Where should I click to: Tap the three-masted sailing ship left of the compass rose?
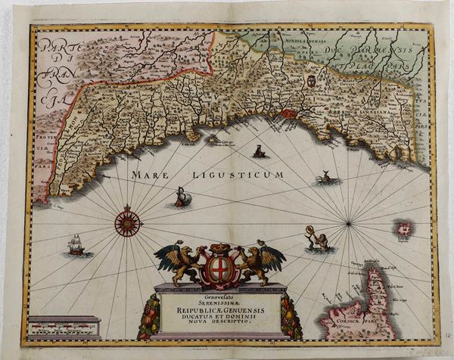(x=76, y=245)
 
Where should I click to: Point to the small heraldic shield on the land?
(x=309, y=81)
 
